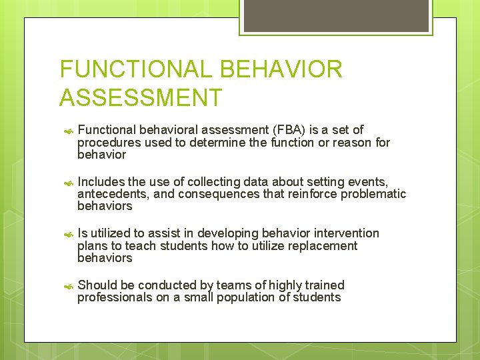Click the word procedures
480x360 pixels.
point(107,143)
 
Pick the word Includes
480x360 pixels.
point(101,182)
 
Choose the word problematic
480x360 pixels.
point(373,194)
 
